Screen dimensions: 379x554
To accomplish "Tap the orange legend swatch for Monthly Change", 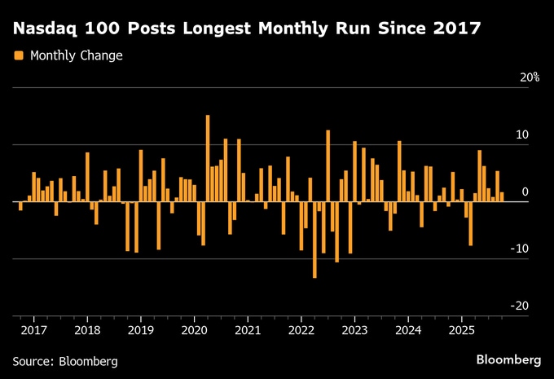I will click(18, 56).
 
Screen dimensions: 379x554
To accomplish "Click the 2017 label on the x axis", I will click(33, 330).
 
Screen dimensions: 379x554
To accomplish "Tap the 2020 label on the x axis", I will click(194, 330).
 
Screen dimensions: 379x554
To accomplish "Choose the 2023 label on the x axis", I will click(354, 330).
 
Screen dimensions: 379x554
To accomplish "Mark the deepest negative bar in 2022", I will click(314, 240).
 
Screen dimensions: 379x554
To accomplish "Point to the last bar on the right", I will click(502, 196).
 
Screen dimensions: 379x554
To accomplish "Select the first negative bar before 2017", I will click(20, 206).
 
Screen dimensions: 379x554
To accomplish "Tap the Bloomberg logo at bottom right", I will click(508, 359).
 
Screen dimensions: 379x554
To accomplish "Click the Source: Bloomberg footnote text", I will click(65, 360).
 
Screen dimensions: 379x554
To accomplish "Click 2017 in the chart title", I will click(453, 29).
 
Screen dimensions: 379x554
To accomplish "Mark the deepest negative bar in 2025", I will click(470, 223).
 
